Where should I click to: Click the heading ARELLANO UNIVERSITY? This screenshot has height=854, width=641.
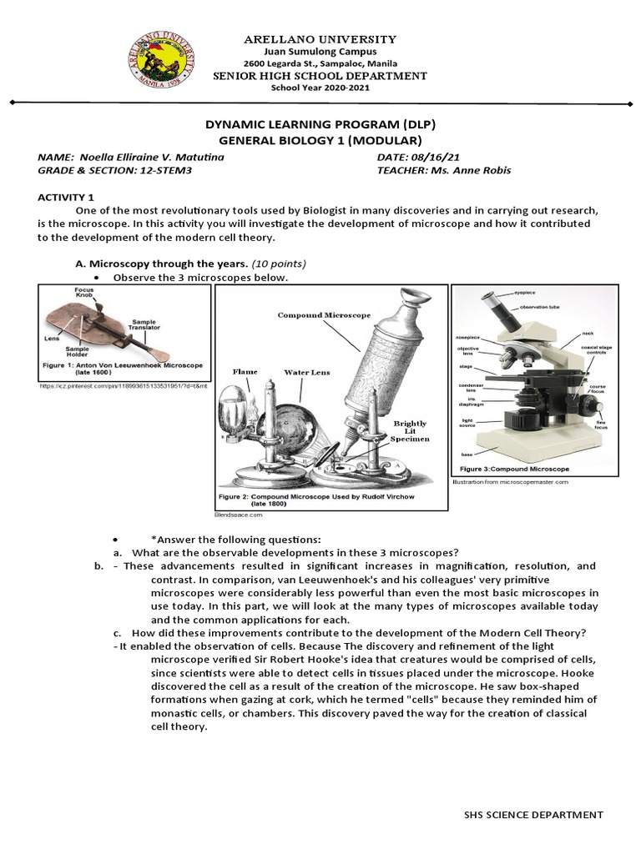click(320, 39)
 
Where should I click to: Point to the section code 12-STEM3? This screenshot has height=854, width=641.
click(153, 170)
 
